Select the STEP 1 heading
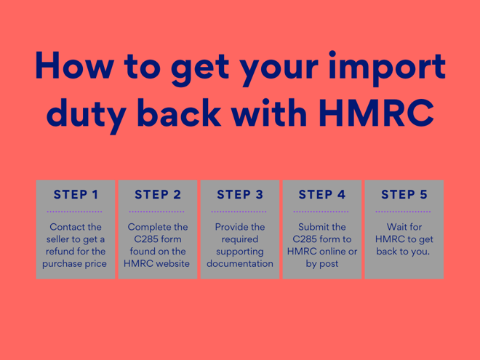coord(76,194)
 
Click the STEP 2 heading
coord(158,194)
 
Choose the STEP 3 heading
coord(240,194)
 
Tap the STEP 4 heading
coord(322,194)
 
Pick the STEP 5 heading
coord(404,194)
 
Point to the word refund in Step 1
coord(63,252)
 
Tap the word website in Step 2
coord(172,263)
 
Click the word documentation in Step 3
coord(240,263)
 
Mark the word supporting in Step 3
coord(240,252)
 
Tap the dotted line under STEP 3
coord(240,211)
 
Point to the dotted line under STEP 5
coord(404,211)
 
